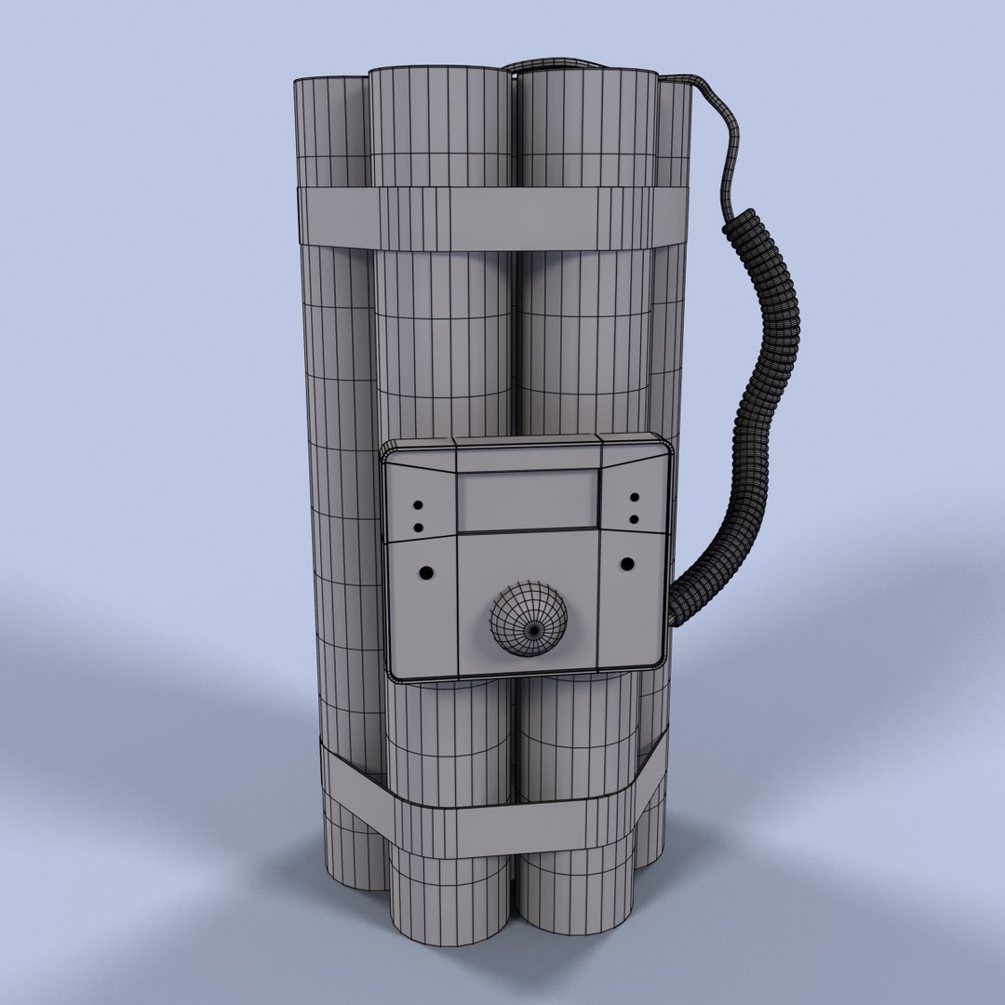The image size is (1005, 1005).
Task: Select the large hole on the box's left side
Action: [x=426, y=570]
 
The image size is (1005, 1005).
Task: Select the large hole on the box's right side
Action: [x=628, y=564]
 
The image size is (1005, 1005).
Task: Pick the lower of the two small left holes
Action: [x=418, y=528]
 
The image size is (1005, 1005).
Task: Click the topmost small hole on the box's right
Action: [x=634, y=499]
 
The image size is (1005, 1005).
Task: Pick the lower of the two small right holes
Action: [x=634, y=518]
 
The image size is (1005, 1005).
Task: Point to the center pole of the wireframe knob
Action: [x=533, y=628]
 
